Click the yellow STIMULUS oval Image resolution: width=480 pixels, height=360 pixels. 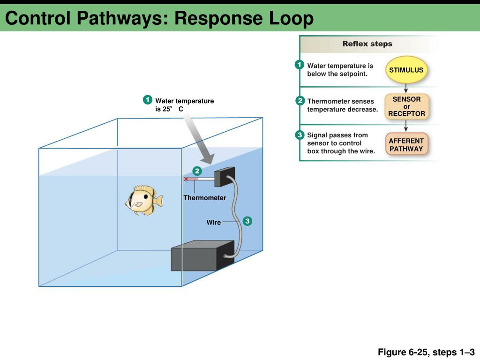click(x=406, y=70)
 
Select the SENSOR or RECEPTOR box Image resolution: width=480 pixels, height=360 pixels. click(x=406, y=106)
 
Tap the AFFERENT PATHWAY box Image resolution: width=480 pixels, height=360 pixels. click(x=406, y=145)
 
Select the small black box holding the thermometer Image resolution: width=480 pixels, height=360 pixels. click(x=224, y=177)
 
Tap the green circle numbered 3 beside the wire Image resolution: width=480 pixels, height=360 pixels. click(x=247, y=221)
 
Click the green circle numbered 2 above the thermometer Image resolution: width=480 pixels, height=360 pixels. click(x=198, y=170)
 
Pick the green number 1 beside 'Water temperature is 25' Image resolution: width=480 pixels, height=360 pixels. click(x=147, y=100)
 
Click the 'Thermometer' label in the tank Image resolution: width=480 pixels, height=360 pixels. click(x=204, y=198)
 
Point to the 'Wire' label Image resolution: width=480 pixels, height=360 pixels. click(x=213, y=222)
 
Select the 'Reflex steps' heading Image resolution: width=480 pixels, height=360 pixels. click(x=367, y=44)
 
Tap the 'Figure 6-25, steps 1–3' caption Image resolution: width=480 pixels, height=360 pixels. click(x=427, y=352)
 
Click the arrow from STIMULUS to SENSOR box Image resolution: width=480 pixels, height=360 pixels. click(x=406, y=89)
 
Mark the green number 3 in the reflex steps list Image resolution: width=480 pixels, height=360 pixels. click(x=300, y=135)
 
